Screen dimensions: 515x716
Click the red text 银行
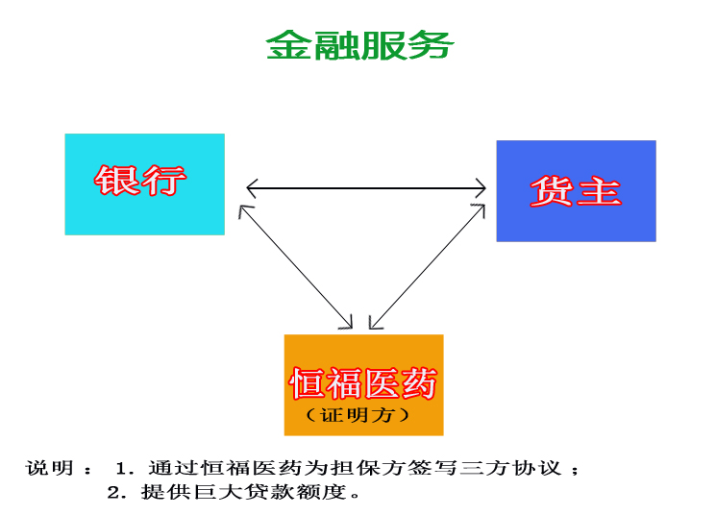point(140,180)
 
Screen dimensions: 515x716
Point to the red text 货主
point(576,190)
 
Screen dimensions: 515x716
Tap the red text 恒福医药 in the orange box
point(363,384)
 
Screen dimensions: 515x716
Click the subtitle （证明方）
point(358,415)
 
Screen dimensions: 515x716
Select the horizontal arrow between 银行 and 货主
point(365,187)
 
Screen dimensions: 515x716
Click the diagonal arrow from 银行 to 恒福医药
point(296,266)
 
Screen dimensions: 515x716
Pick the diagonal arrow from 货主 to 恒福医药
point(427,266)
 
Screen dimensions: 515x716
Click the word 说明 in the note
point(50,469)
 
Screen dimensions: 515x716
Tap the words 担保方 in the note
point(369,469)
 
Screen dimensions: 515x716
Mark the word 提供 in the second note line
point(158,493)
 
